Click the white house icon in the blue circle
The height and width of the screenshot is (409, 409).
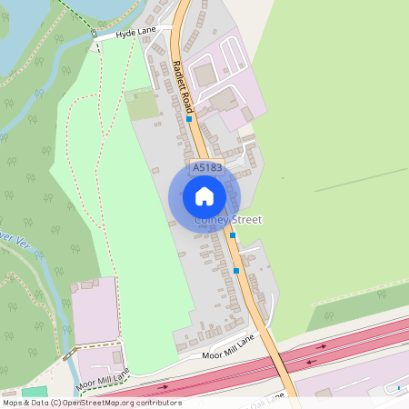coord(204,196)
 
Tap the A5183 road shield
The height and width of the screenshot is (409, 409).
coord(205,168)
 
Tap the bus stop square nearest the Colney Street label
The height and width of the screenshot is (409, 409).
coord(233,235)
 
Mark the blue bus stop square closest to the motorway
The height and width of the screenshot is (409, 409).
coord(236,270)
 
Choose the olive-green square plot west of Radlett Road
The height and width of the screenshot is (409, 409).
coord(142,104)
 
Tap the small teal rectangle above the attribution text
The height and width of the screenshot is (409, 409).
coord(35,391)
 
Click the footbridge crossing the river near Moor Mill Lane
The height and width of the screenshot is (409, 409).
coord(67,357)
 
